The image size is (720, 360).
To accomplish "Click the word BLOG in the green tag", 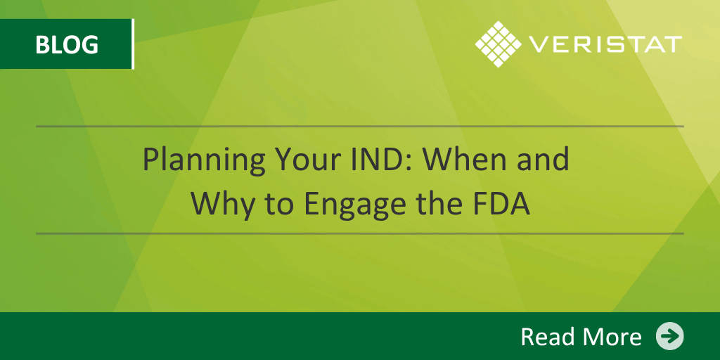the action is (67, 45).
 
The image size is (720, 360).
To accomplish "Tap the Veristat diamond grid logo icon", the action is (499, 44).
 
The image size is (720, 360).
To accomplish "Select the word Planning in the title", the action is (205, 161).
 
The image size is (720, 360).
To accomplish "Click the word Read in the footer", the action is (550, 336).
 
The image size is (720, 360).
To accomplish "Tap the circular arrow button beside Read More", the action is (669, 336).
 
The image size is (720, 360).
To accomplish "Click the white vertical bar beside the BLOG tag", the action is (133, 44).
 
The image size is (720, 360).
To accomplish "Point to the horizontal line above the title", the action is (359, 126).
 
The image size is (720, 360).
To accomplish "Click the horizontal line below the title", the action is (359, 233).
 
